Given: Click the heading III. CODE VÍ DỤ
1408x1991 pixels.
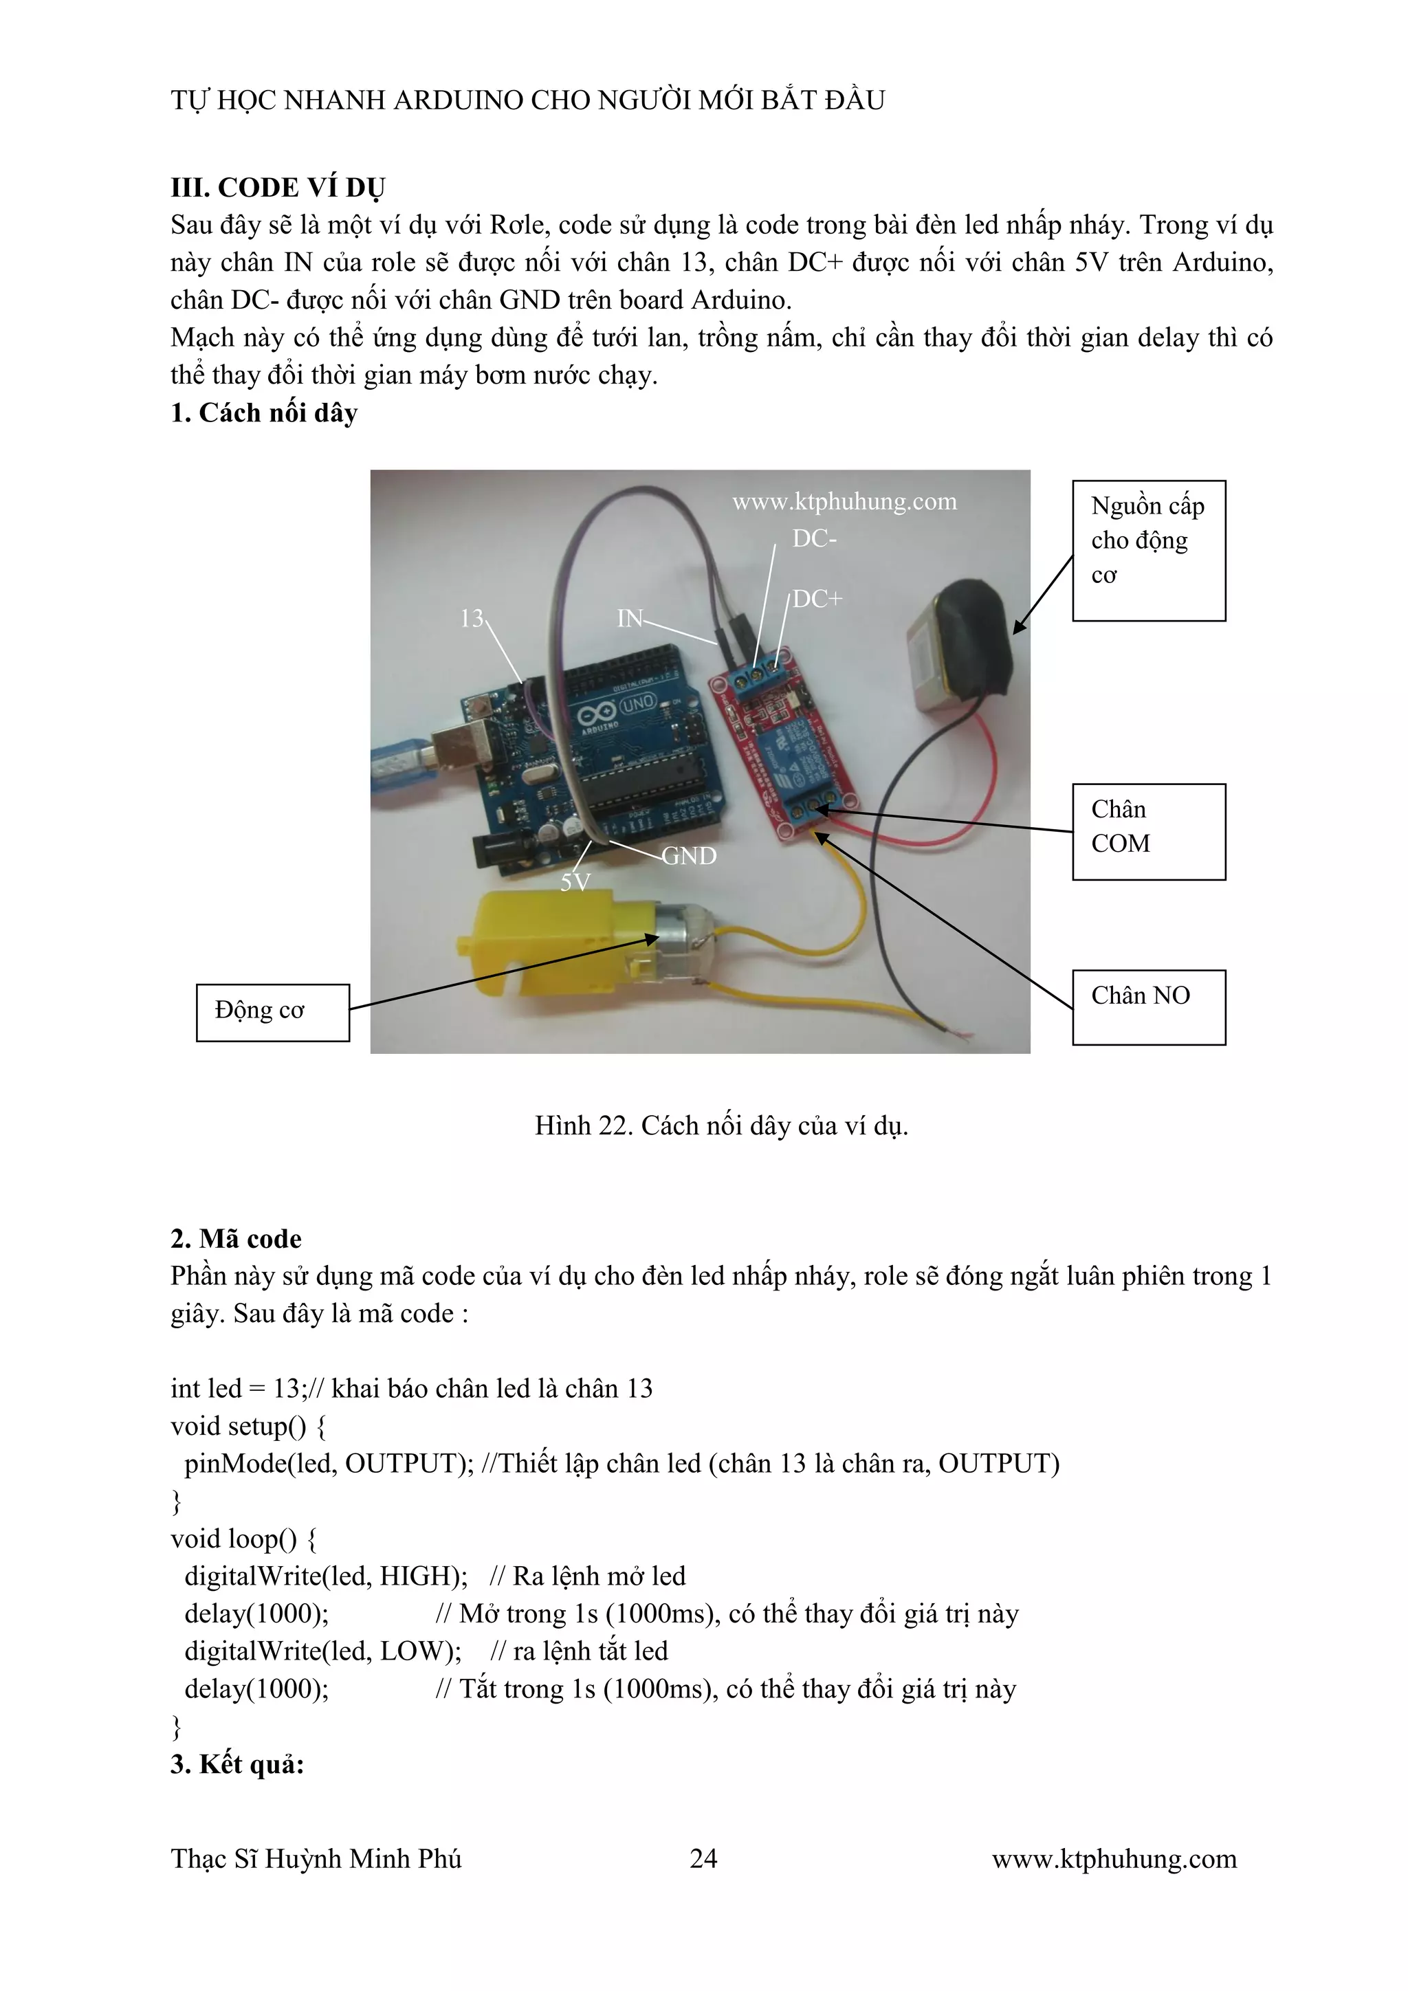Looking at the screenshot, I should [x=278, y=187].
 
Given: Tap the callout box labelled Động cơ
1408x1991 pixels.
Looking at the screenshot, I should [x=272, y=1012].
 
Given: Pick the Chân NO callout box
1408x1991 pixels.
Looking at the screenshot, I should [x=1148, y=1006].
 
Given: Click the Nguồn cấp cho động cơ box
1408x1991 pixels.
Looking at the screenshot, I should [x=1148, y=550].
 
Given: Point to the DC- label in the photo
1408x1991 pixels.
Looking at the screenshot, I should [x=814, y=538].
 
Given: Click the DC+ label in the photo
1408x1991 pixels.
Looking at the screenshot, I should [x=817, y=598].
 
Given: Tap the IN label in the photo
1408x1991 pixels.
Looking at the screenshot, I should [x=630, y=618].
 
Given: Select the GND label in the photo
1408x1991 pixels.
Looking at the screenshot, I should [x=690, y=856].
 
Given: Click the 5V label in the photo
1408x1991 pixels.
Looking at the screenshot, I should [x=575, y=883].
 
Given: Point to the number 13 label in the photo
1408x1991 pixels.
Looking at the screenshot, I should [x=472, y=618].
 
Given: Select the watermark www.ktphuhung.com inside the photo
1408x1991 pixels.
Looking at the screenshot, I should [x=844, y=501].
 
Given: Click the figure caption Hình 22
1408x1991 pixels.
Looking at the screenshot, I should [x=720, y=1125].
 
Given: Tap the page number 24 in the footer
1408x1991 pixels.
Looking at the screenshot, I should [x=703, y=1858].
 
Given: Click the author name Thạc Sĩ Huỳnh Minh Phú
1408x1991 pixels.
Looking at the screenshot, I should [x=316, y=1858].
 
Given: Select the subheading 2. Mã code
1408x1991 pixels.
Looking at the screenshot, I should [x=236, y=1238].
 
